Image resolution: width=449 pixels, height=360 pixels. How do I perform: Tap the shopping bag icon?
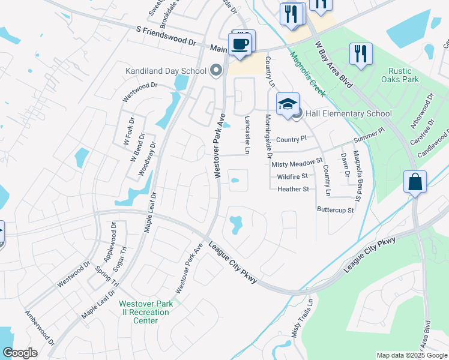point(415,181)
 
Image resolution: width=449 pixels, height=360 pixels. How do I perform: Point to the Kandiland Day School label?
point(166,71)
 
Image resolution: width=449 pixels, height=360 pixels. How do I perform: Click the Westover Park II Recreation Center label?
point(146,312)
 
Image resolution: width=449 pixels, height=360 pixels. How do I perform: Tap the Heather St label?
point(293,189)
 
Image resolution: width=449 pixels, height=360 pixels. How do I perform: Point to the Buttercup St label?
point(336,210)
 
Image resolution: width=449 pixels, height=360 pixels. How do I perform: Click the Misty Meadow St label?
point(297,164)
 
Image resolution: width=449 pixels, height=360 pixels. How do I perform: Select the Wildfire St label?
point(292,176)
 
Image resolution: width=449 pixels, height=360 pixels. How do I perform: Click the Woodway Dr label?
point(143,158)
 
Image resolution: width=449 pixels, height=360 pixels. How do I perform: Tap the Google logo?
point(20,353)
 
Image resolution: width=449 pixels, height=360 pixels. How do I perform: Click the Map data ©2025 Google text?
point(411,355)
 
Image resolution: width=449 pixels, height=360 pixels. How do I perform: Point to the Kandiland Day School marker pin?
point(217,71)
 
